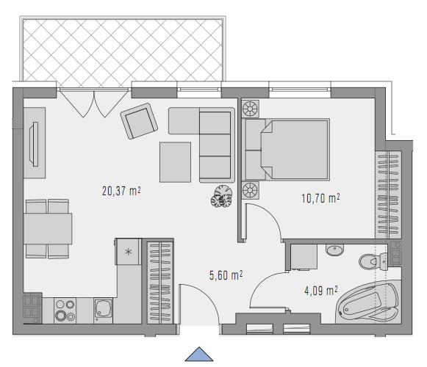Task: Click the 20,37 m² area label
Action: click(x=121, y=191)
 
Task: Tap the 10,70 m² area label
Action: click(x=320, y=198)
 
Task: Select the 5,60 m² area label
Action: click(x=226, y=275)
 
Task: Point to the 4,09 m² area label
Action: click(x=321, y=291)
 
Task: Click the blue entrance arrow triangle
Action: click(x=199, y=355)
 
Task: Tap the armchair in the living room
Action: click(x=139, y=121)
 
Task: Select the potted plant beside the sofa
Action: click(x=222, y=197)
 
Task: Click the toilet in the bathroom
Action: click(x=373, y=262)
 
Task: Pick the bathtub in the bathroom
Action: click(x=368, y=302)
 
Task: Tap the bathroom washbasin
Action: click(x=334, y=250)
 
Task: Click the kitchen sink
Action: click(x=103, y=310)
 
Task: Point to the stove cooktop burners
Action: click(x=65, y=310)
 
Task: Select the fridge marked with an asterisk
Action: click(x=129, y=252)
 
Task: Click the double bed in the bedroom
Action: click(x=288, y=149)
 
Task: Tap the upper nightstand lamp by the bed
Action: click(x=251, y=109)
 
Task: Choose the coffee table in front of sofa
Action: click(x=175, y=162)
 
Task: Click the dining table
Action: click(x=48, y=228)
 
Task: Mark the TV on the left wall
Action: click(x=35, y=144)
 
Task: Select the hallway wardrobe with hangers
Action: click(x=160, y=282)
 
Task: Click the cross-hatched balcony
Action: click(x=122, y=50)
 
